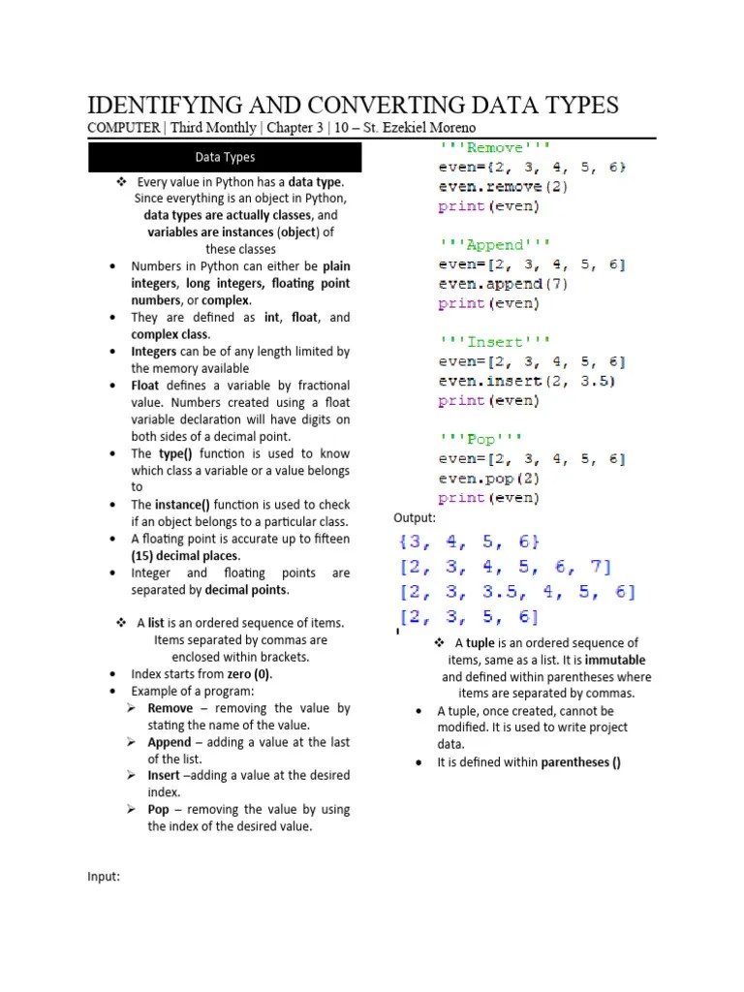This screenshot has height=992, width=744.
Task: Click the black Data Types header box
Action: (225, 157)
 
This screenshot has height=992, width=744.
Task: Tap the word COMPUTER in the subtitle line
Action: (125, 128)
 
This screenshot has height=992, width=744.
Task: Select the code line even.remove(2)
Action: (503, 187)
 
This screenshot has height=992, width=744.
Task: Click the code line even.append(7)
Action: (503, 284)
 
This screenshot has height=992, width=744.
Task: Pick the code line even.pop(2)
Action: (488, 479)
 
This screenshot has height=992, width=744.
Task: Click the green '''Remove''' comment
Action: (494, 148)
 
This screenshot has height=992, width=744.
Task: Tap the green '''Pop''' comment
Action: (481, 440)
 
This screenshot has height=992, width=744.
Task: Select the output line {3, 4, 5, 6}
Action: (467, 542)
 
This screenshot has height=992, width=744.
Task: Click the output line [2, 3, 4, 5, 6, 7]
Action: (504, 568)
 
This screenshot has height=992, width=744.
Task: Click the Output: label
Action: (415, 518)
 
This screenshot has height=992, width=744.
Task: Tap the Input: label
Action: (104, 876)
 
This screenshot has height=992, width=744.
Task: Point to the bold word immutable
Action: (615, 660)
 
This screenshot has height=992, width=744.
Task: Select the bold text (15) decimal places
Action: (185, 556)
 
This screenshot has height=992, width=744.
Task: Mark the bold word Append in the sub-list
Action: (170, 742)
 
